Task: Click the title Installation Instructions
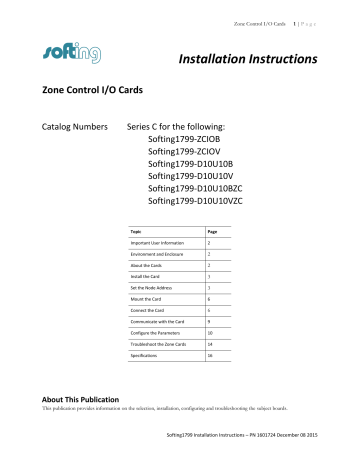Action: (x=247, y=62)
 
